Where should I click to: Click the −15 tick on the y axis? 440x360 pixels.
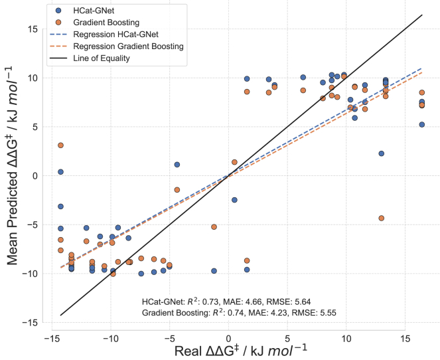[x=39, y=323]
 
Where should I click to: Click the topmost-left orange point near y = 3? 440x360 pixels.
[x=60, y=145]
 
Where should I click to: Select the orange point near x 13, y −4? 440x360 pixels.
[x=381, y=218]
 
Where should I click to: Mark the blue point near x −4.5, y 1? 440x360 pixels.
[x=177, y=165]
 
